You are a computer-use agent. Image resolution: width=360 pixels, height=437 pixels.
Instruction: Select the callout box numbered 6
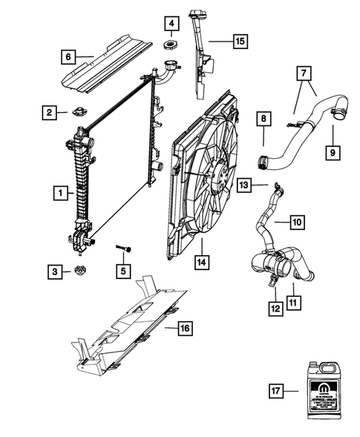(x=67, y=55)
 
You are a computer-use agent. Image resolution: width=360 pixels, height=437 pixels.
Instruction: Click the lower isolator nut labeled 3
(x=79, y=272)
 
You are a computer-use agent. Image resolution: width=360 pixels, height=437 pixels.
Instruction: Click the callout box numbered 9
(x=333, y=152)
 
